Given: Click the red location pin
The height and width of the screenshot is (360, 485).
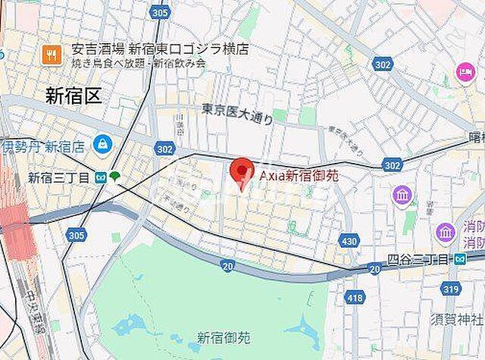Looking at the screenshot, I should coord(242,174).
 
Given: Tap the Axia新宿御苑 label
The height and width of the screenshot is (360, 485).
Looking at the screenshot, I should coord(298,175).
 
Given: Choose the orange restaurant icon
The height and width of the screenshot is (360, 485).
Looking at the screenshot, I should coord(52,53).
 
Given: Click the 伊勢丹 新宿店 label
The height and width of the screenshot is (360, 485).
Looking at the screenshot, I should coord(42,146).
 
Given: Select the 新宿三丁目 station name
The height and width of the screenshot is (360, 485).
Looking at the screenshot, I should coord(59,178).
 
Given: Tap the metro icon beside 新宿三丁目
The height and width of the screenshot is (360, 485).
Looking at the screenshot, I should coord(101,178).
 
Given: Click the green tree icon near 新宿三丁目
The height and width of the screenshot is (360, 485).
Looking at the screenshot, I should coord(115,177).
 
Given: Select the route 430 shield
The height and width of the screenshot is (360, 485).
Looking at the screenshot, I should coord(348,241).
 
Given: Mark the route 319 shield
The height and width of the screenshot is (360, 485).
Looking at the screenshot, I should coord(452,288).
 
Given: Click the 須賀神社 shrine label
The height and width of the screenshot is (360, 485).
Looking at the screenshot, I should coord(457,314).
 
